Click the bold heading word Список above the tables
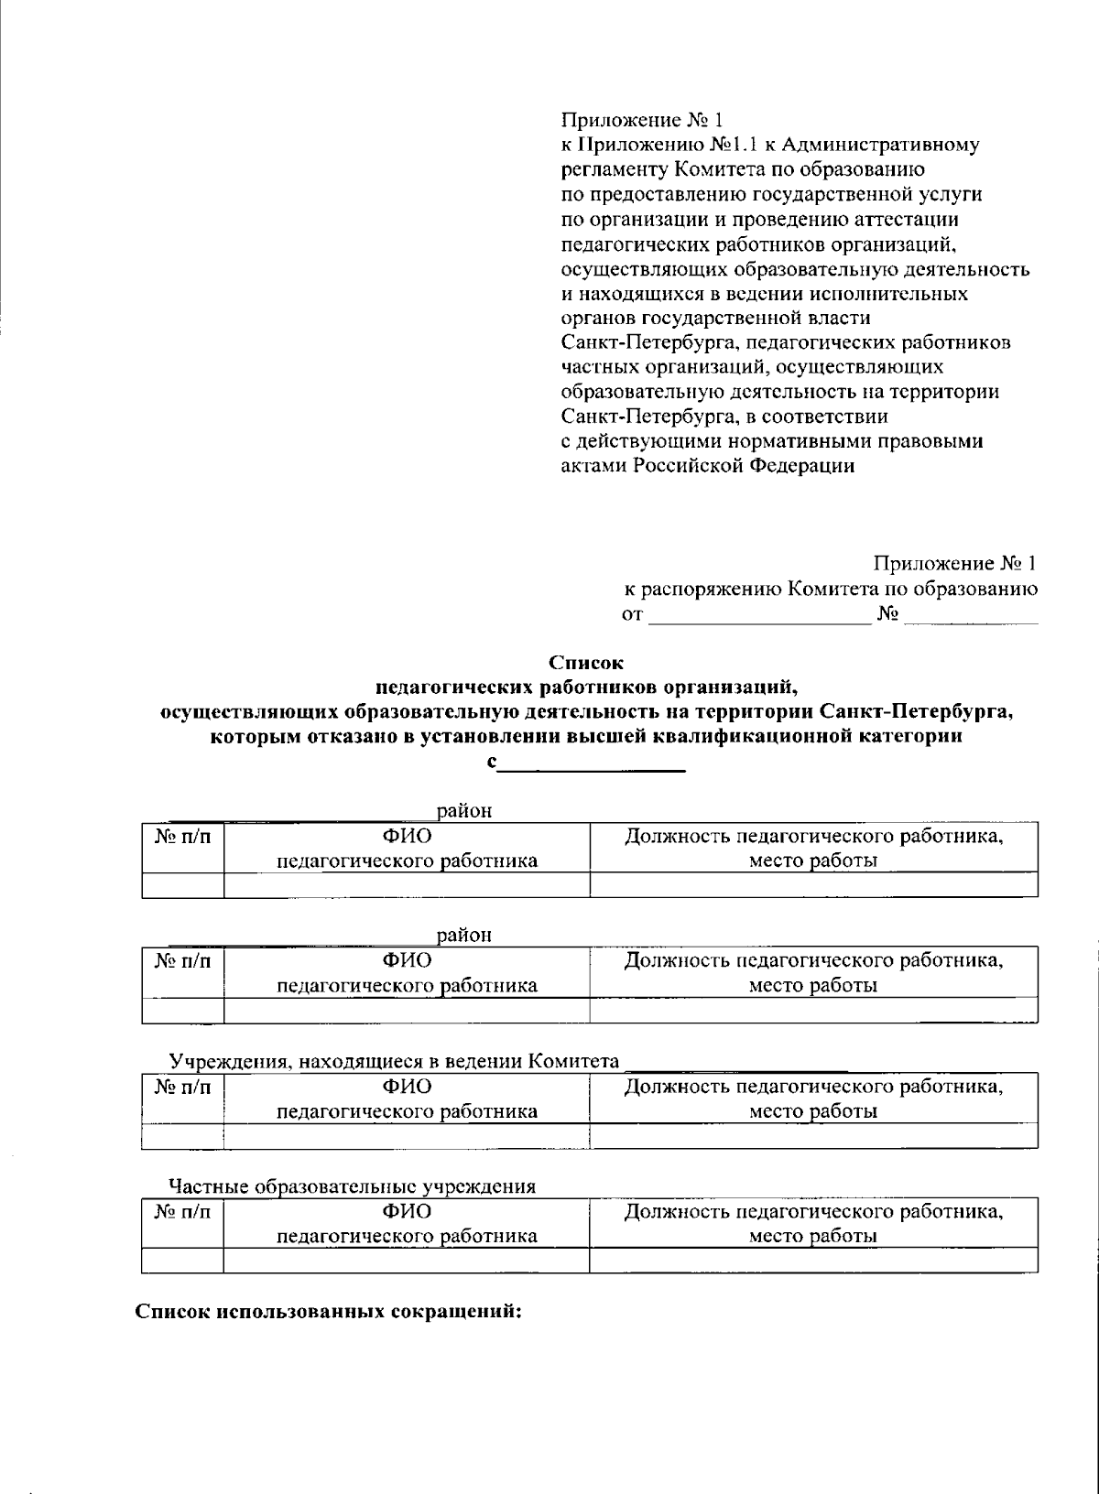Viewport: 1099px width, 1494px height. pos(585,662)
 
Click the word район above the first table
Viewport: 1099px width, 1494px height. pos(464,810)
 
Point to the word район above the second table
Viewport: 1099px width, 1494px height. pos(464,935)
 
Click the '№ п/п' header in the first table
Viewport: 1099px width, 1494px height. pos(183,837)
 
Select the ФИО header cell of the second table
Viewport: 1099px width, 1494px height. pos(407,972)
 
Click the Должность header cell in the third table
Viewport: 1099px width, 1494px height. pos(813,1099)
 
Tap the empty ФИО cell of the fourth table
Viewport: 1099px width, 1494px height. pos(407,1261)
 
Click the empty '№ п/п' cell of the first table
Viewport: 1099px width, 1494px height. pos(183,885)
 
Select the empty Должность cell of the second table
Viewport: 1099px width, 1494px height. pos(813,1010)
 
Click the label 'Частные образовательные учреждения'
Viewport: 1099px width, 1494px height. pos(353,1187)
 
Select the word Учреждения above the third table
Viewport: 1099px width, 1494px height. pos(223,1062)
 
